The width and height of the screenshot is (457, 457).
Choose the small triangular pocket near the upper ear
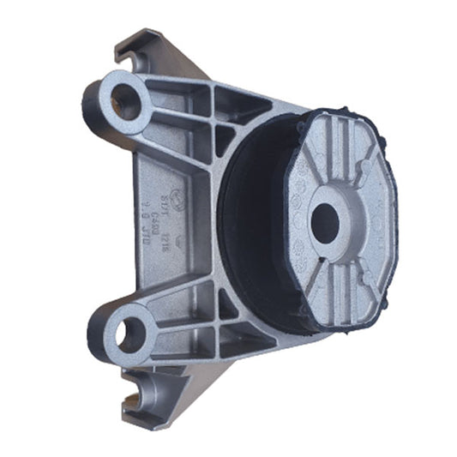224,138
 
